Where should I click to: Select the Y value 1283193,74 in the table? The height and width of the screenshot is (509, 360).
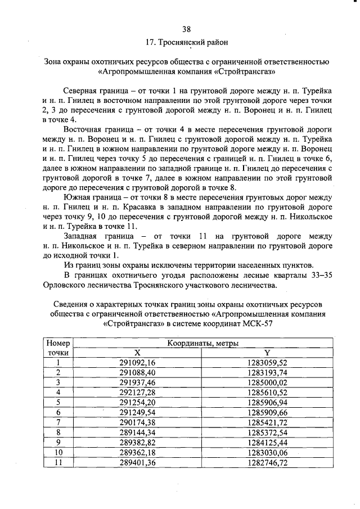(267, 372)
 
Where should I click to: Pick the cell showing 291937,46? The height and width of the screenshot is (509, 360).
(137, 382)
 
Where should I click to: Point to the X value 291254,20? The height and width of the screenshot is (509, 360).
(137, 402)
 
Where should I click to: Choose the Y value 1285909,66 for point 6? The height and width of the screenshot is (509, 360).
(267, 412)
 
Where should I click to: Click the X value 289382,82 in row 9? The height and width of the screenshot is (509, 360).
(137, 442)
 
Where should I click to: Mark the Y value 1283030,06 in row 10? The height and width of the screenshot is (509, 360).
(267, 452)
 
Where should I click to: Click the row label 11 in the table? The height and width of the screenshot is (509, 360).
(57, 462)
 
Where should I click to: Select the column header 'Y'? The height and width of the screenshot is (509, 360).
(267, 353)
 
